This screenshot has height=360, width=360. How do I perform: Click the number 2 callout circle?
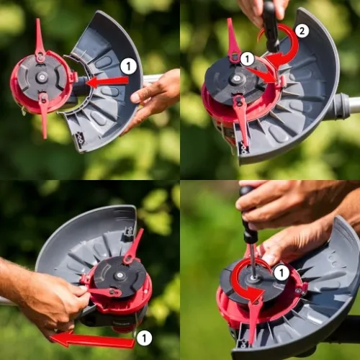tap(302, 30)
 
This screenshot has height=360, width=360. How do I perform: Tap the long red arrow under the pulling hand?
tap(92, 340)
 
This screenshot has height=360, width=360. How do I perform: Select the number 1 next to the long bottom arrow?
tap(144, 338)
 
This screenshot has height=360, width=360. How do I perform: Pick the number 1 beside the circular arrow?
tap(282, 273)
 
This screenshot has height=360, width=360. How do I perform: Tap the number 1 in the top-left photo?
tap(128, 66)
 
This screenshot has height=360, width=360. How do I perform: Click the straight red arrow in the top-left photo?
tap(107, 82)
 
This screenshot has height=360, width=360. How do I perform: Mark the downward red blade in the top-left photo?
tap(44, 115)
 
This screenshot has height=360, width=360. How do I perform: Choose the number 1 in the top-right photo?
tap(247, 59)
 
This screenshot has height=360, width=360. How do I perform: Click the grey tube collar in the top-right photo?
tap(341, 106)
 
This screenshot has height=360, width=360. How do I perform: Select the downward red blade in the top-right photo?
tap(240, 120)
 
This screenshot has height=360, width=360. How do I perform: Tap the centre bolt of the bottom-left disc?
tap(118, 276)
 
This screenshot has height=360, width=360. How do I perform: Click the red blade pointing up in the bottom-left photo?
tap(132, 247)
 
